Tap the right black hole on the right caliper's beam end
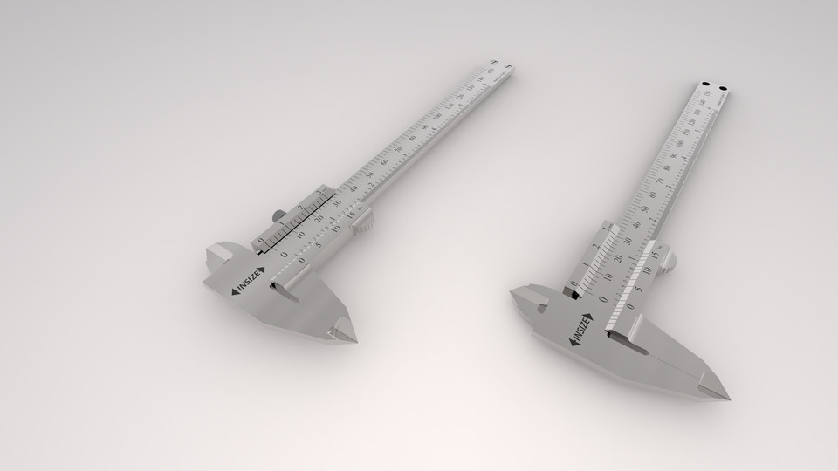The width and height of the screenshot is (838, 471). (724, 87)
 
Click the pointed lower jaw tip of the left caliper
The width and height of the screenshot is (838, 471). (353, 338)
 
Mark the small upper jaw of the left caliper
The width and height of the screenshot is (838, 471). (217, 256)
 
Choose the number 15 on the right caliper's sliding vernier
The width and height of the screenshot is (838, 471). (656, 256)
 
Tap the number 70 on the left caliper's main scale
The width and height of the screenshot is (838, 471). (399, 149)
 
